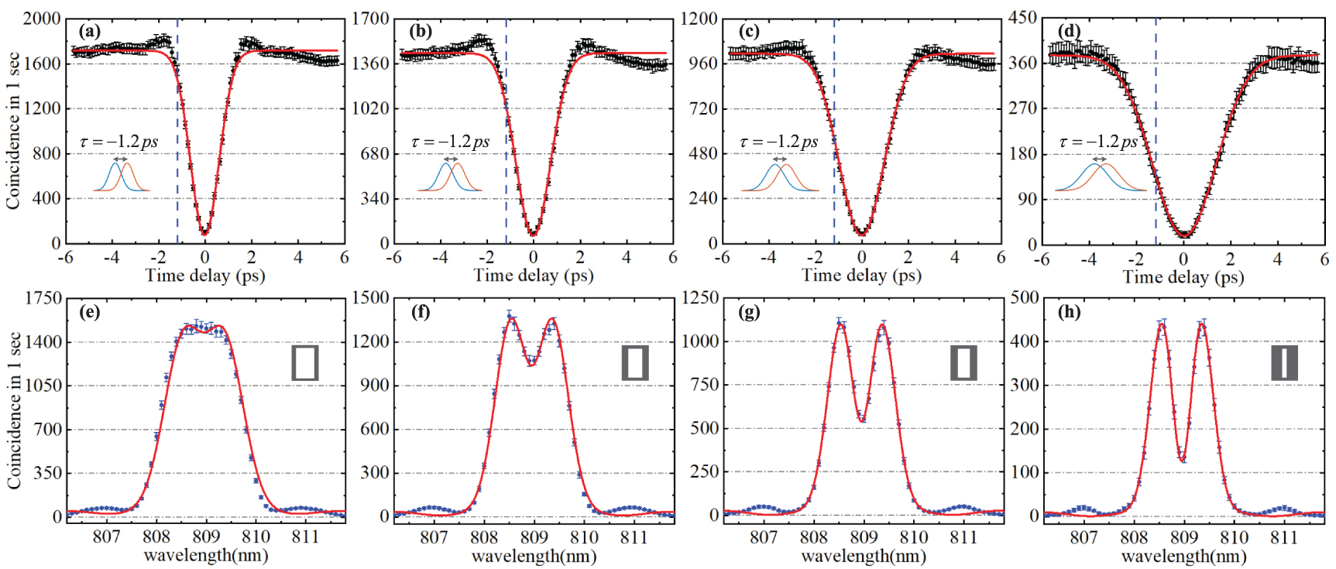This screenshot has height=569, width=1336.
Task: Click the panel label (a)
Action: pos(90,31)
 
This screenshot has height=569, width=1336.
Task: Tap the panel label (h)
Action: pos(1069,312)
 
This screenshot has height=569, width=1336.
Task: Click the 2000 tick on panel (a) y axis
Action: pos(42,19)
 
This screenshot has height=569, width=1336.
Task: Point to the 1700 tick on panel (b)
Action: pos(370,19)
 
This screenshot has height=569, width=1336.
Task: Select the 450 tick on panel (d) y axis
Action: pos(1022,18)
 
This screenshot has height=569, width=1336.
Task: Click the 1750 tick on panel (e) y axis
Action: pos(43,298)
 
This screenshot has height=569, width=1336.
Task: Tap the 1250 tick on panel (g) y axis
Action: pos(699,298)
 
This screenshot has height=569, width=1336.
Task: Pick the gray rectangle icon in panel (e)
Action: pos(305,362)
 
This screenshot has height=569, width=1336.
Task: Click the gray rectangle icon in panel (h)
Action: pos(1284,362)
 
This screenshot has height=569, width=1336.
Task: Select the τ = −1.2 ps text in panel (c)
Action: pos(778,142)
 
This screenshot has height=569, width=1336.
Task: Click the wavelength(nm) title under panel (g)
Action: pos(864,556)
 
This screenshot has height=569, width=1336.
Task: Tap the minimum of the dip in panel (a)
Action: pos(204,231)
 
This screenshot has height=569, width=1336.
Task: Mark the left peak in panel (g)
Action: pos(841,324)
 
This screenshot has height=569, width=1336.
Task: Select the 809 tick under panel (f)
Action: pos(534,537)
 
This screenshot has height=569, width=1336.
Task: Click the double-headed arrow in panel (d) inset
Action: pos(1099,159)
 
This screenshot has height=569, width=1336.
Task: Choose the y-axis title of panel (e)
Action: pos(14,410)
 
